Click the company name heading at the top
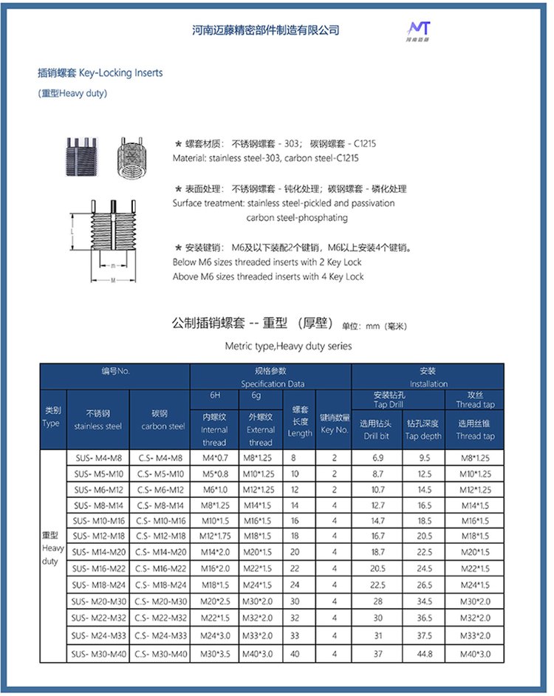point(265,30)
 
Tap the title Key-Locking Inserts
point(100,73)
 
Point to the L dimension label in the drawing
point(72,231)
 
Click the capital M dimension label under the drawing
point(112,281)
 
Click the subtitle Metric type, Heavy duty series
point(288,346)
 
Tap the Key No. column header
point(334,423)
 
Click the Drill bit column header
point(377,429)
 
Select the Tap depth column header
point(423,429)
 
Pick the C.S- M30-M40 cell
point(160,653)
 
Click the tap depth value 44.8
point(424,653)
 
